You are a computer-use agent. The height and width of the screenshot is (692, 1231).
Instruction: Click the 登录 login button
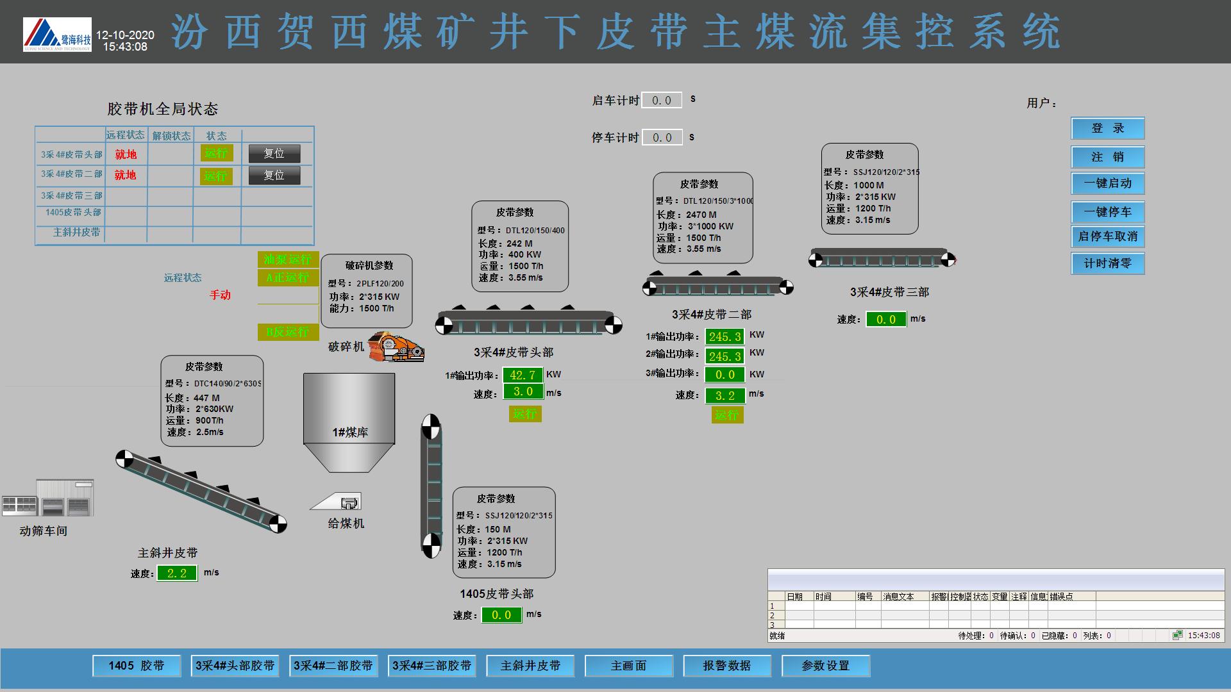[x=1107, y=128]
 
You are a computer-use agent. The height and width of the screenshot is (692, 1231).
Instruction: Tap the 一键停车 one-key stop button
[x=1107, y=212]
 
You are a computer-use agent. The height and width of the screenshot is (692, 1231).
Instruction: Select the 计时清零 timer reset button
[x=1107, y=263]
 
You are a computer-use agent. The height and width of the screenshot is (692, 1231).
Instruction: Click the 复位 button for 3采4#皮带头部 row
[x=274, y=154]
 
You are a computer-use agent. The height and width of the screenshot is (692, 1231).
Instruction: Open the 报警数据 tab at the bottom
[x=726, y=666]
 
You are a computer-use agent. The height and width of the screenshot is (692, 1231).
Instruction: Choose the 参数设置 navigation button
[x=825, y=666]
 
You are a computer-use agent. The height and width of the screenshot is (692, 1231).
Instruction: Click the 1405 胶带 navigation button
[x=136, y=666]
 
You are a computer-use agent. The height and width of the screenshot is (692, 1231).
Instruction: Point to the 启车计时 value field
[x=661, y=101]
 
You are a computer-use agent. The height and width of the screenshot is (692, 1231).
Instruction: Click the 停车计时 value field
[x=661, y=138]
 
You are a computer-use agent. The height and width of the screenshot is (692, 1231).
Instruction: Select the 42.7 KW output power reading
[x=523, y=375]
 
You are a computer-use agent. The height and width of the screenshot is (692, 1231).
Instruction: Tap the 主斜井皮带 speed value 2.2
[x=177, y=573]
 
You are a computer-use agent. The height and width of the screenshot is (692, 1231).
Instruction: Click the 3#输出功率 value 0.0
[x=724, y=375]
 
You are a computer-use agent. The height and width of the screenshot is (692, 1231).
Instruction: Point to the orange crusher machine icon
[x=396, y=346]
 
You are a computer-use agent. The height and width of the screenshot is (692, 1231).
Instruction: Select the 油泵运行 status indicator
[x=287, y=259]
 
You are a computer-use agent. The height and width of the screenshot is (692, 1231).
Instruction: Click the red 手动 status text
[x=220, y=295]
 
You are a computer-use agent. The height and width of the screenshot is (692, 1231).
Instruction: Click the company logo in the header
[x=57, y=35]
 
